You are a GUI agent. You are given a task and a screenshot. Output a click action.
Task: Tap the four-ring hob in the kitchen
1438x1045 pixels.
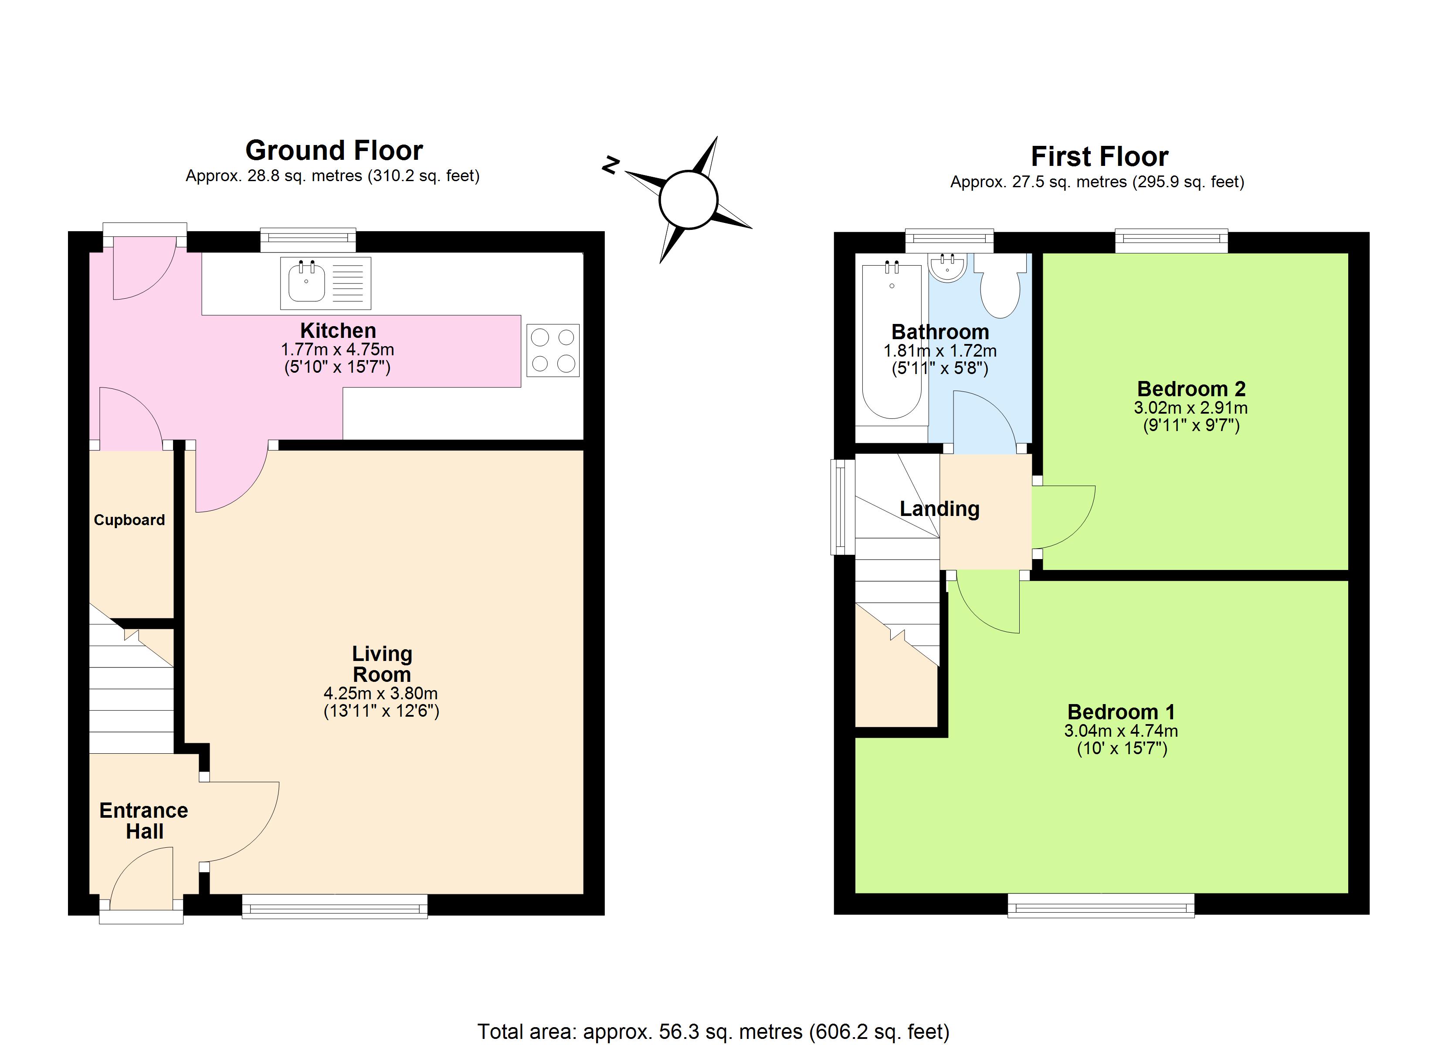coord(553,351)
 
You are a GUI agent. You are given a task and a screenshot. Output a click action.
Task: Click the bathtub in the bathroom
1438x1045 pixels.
coord(892,341)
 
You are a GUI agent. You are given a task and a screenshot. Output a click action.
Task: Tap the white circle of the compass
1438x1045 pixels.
coord(688,199)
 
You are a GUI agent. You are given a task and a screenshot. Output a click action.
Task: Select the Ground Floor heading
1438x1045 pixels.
coord(334,151)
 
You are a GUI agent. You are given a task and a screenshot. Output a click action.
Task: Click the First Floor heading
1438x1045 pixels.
coord(1099,156)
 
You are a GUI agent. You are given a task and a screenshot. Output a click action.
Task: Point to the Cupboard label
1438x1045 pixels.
coord(129,520)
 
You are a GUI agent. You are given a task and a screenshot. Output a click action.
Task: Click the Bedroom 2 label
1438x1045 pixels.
coord(1191,388)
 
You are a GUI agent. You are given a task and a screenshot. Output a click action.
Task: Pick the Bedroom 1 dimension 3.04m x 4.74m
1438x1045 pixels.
coord(1121,731)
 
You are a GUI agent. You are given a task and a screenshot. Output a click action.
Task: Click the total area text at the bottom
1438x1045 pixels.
coord(713,1032)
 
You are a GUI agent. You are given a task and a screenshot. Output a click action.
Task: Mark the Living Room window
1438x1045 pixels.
coord(335,906)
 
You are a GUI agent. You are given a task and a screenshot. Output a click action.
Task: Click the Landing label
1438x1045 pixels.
coord(939,509)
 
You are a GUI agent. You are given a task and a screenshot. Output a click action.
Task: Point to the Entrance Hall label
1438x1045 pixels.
coord(144,821)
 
